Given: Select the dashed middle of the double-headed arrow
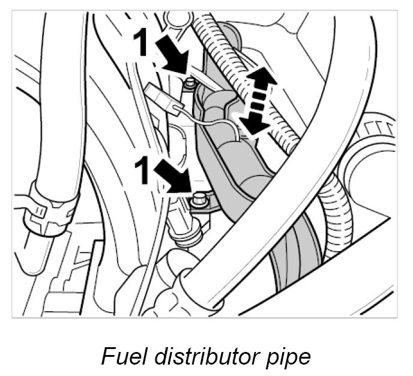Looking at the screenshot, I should (x=256, y=102).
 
